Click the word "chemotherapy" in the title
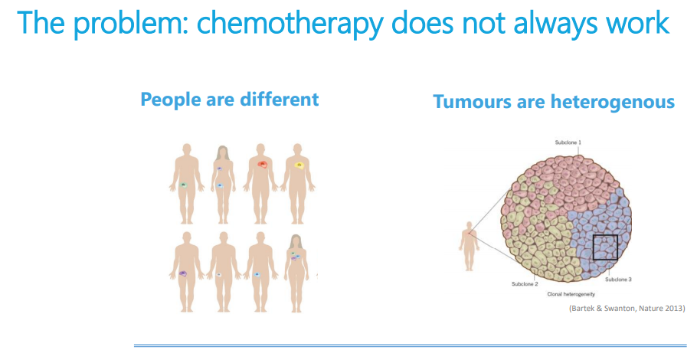[290, 23]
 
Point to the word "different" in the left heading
[280, 99]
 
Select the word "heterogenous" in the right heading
[613, 102]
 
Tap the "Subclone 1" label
[568, 142]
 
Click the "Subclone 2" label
[525, 284]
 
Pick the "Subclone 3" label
[618, 280]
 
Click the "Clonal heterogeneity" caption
[571, 294]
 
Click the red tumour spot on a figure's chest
[263, 165]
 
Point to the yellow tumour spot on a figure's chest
[299, 165]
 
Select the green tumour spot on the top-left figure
[184, 185]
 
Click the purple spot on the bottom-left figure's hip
[183, 273]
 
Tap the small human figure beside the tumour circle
[469, 246]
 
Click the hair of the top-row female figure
[224, 154]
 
